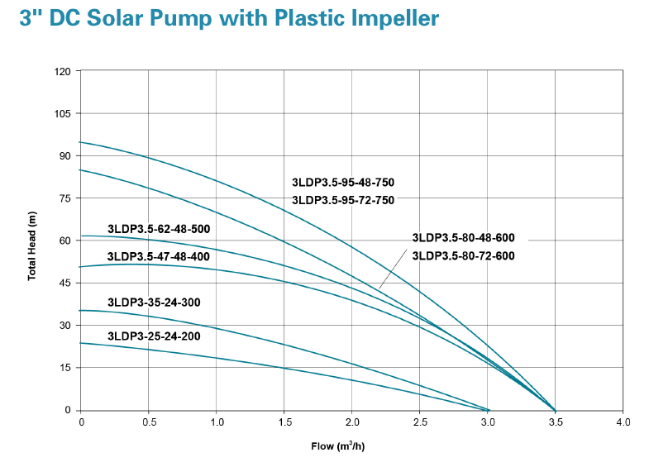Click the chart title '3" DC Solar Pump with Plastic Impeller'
(229, 19)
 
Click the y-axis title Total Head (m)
(32, 245)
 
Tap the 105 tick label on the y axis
(63, 113)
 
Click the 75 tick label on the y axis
(65, 198)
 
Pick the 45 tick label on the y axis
(65, 283)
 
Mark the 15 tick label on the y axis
(65, 368)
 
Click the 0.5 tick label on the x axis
(149, 422)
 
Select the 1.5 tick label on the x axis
(284, 422)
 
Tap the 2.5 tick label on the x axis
(420, 422)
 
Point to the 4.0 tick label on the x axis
(623, 422)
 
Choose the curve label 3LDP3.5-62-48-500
(158, 229)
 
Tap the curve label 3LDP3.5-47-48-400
(158, 256)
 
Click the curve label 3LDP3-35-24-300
(153, 303)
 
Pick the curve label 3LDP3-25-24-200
(153, 336)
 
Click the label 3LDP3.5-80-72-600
(463, 256)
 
